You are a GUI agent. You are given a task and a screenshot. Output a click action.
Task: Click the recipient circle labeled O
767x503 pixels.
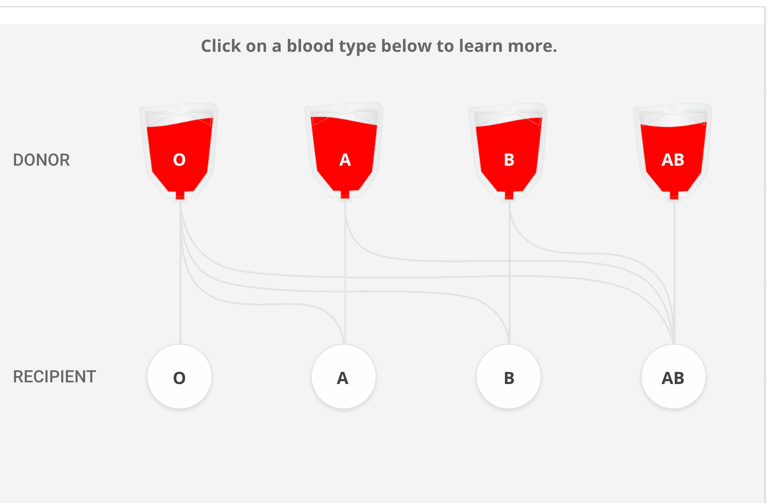click(179, 377)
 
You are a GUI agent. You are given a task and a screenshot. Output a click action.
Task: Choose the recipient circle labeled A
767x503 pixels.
click(344, 377)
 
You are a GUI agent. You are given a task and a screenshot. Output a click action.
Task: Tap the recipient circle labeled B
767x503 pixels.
click(508, 377)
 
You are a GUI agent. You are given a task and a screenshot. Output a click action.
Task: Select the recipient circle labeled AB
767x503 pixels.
click(673, 377)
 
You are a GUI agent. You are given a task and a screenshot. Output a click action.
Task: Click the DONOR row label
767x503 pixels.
click(41, 160)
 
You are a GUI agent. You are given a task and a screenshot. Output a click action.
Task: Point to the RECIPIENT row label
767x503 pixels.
click(54, 377)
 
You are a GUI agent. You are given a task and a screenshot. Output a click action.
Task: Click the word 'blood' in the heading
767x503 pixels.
click(310, 46)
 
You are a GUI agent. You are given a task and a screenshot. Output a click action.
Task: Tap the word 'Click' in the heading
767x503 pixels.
click(221, 46)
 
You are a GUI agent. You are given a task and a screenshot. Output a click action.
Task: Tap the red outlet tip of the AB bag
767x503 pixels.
click(674, 195)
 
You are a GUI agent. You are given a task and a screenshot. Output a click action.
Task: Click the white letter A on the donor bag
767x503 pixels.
click(345, 160)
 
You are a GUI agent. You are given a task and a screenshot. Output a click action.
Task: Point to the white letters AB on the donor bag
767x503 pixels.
click(673, 160)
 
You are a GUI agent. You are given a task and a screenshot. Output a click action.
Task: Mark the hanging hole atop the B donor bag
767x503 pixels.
click(508, 110)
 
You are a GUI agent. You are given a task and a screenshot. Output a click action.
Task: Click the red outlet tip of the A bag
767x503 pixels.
click(345, 195)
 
